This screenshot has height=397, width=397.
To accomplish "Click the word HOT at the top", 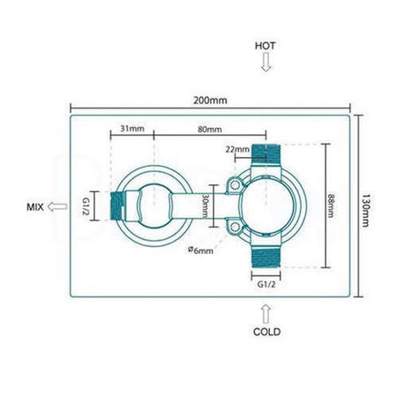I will (x=266, y=46).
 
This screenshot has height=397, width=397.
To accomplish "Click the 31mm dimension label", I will (x=131, y=129).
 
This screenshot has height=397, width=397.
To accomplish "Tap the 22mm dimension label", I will (x=236, y=148).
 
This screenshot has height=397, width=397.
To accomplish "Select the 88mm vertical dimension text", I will (x=330, y=208).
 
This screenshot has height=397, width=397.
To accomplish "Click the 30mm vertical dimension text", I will (x=206, y=208).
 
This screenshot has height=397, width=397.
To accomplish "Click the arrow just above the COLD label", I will (x=266, y=311).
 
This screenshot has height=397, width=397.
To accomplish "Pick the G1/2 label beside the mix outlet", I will (x=86, y=207).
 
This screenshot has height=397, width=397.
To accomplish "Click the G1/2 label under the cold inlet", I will (x=266, y=286).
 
